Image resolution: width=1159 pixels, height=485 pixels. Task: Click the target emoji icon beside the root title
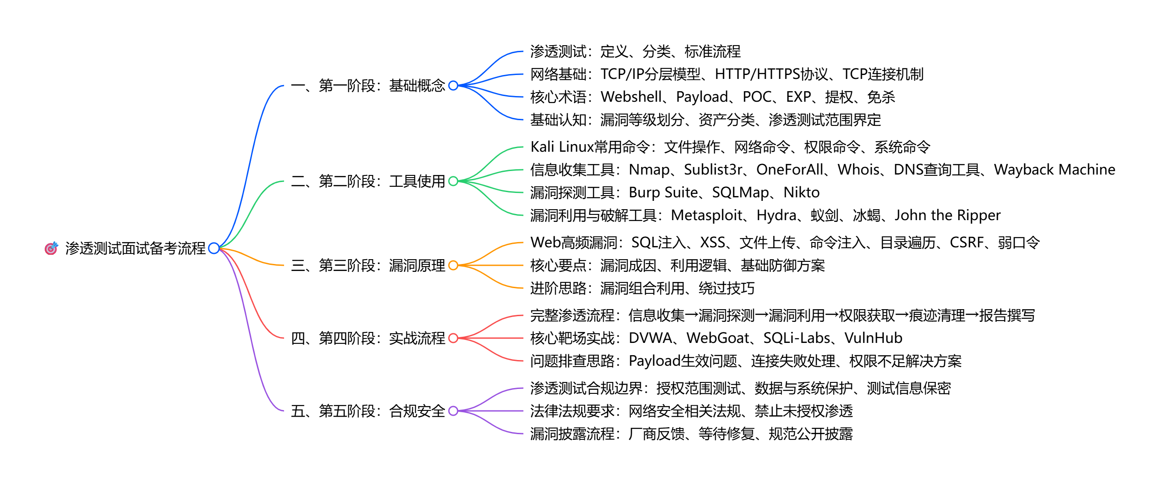pyautogui.click(x=51, y=248)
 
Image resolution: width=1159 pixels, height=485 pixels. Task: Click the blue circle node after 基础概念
pyautogui.click(x=453, y=86)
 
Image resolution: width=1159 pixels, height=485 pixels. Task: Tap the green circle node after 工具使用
pyautogui.click(x=453, y=181)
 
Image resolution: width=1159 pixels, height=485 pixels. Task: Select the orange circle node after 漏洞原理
pyautogui.click(x=453, y=265)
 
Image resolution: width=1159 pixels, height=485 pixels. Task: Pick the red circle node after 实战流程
pyautogui.click(x=453, y=338)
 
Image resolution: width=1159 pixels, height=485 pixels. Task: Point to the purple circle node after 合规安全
pyautogui.click(x=453, y=411)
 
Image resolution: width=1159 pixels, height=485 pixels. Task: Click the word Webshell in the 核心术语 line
pyautogui.click(x=631, y=97)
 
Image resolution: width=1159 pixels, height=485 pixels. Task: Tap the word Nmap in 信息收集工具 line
pyautogui.click(x=649, y=170)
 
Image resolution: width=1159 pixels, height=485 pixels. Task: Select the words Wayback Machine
pyautogui.click(x=1054, y=170)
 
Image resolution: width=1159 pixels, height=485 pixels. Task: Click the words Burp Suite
pyautogui.click(x=663, y=193)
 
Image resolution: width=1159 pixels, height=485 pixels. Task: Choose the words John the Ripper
pyautogui.click(x=947, y=215)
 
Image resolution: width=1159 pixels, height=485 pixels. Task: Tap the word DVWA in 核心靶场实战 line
pyautogui.click(x=650, y=338)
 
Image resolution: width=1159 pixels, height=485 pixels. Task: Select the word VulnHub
pyautogui.click(x=873, y=338)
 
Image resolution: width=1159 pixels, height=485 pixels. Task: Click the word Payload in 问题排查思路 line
pyautogui.click(x=654, y=361)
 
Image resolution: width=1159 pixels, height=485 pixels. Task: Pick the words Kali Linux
pyautogui.click(x=562, y=147)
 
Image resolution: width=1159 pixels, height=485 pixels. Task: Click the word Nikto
pyautogui.click(x=801, y=193)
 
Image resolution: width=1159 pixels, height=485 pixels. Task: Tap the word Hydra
pyautogui.click(x=776, y=215)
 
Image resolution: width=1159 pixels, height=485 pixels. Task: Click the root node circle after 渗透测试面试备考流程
pyautogui.click(x=214, y=248)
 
